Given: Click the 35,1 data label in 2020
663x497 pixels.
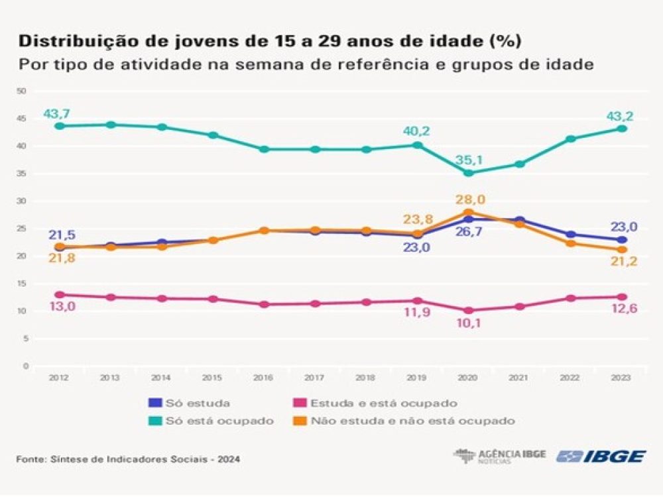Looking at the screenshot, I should tap(468, 158).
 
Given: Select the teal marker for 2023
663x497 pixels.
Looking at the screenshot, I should tap(622, 129).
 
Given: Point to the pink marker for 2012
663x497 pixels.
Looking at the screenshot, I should tap(60, 295).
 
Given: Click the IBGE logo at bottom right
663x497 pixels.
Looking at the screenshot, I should tap(601, 456).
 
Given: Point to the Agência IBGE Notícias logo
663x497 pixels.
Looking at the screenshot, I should tap(499, 456).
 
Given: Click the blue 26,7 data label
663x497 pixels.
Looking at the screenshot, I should tap(468, 233).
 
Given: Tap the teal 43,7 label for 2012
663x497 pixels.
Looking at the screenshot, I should tap(57, 114).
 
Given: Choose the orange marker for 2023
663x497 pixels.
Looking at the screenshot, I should tap(622, 250).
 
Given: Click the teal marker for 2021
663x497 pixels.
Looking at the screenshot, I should tap(519, 164).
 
